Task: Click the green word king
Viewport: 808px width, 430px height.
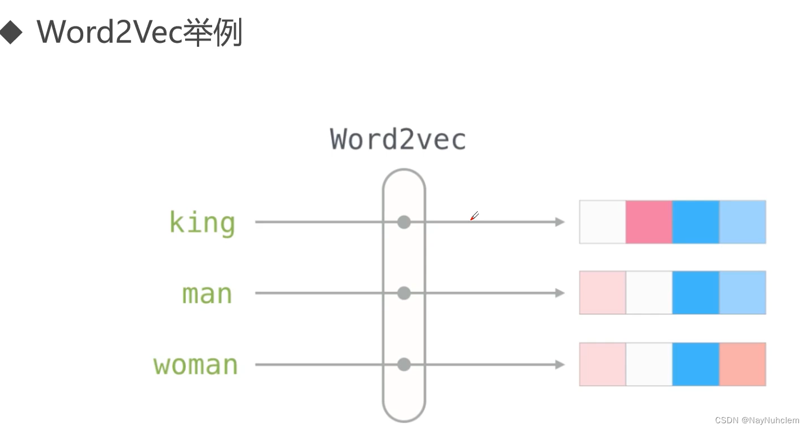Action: pyautogui.click(x=202, y=223)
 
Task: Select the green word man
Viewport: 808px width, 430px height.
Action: pyautogui.click(x=207, y=294)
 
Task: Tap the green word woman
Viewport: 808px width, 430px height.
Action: pyautogui.click(x=196, y=365)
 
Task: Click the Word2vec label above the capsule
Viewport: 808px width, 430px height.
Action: pyautogui.click(x=398, y=139)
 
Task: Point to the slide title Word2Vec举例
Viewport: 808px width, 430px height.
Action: pyautogui.click(x=140, y=33)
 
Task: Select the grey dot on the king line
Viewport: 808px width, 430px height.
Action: pyautogui.click(x=403, y=222)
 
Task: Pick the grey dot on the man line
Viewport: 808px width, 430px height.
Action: pyautogui.click(x=403, y=293)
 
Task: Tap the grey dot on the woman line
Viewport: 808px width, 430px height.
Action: pyautogui.click(x=403, y=365)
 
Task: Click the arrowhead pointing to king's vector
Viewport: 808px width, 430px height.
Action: pyautogui.click(x=559, y=222)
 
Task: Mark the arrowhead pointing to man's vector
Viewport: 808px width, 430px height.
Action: pyautogui.click(x=559, y=293)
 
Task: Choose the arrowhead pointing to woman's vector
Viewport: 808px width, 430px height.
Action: pyautogui.click(x=559, y=365)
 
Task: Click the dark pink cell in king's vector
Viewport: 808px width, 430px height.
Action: pyautogui.click(x=649, y=222)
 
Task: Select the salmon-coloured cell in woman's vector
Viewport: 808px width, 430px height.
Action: pyautogui.click(x=742, y=364)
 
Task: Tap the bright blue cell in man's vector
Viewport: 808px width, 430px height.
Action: pyautogui.click(x=695, y=292)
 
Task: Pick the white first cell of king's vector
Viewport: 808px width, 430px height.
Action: pyautogui.click(x=603, y=222)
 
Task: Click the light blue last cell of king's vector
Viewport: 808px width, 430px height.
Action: pyautogui.click(x=742, y=222)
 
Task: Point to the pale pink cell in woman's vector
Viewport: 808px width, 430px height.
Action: pyautogui.click(x=603, y=364)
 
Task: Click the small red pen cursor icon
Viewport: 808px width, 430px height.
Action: pyautogui.click(x=474, y=216)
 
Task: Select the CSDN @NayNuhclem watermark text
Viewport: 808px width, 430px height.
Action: pyautogui.click(x=757, y=420)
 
